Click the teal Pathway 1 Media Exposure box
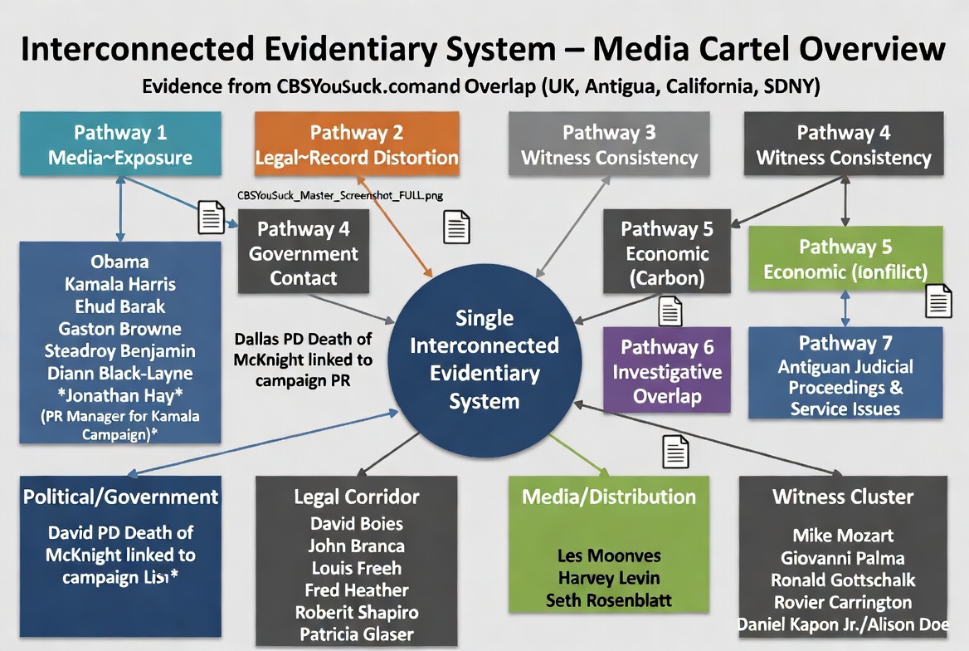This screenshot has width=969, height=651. point(121,144)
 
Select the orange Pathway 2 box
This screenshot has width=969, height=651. point(357,144)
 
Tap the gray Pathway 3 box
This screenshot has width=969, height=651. point(609,144)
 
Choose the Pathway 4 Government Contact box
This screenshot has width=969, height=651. point(304,252)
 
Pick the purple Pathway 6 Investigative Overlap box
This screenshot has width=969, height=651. point(667,370)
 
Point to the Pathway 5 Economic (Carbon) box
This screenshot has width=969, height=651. point(667,252)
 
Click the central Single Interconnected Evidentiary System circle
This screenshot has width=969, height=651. point(484,360)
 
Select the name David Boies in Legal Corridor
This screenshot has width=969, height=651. point(357,524)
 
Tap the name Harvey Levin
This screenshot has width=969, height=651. point(609,577)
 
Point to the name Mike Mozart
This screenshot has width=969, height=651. point(843,536)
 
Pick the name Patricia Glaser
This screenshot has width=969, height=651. point(357,634)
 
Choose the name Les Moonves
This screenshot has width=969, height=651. point(609,555)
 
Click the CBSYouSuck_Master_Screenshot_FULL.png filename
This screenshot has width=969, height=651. point(340,197)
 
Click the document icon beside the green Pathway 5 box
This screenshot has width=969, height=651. point(938,301)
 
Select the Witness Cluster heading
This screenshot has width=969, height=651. point(843,497)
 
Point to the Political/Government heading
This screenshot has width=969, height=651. point(121,497)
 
